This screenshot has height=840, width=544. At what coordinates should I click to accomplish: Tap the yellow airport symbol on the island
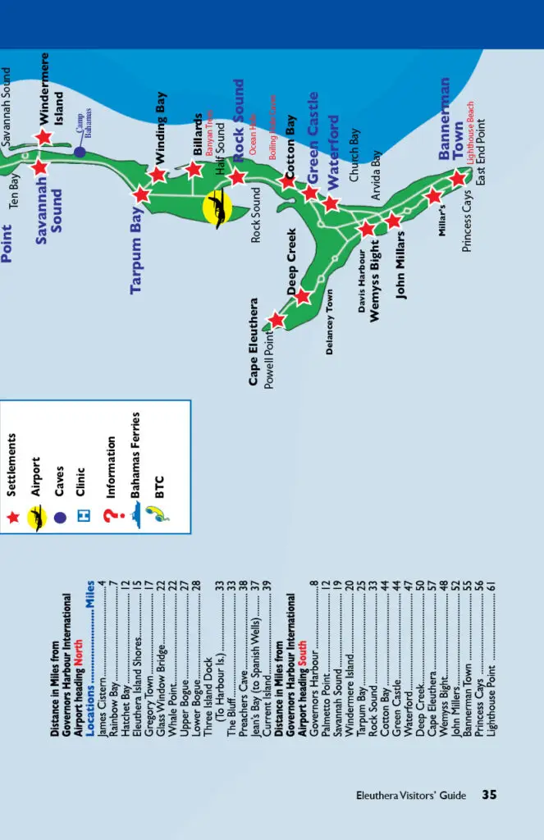pyautogui.click(x=217, y=209)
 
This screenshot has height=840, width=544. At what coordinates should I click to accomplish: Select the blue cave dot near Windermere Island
pyautogui.click(x=79, y=152)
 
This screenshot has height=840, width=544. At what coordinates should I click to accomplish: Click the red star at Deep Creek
pyautogui.click(x=303, y=296)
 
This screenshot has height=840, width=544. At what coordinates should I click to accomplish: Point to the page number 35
pyautogui.click(x=489, y=794)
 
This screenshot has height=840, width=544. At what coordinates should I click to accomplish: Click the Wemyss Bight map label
pyautogui.click(x=375, y=281)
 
